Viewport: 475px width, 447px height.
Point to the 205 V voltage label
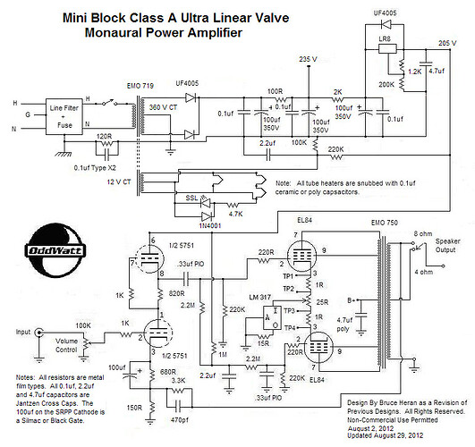449,43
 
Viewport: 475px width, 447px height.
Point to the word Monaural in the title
115,32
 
